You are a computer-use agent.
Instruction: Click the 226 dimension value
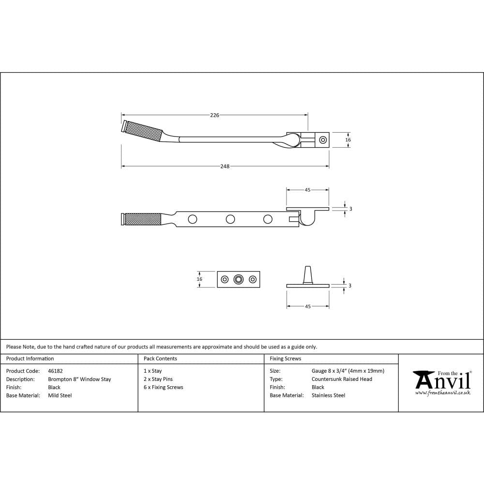(x=214, y=115)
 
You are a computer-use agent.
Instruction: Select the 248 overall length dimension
(x=225, y=166)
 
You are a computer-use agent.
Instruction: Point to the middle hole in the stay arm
(x=230, y=219)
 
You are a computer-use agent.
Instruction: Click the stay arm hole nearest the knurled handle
(x=193, y=219)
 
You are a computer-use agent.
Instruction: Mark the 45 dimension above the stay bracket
(x=307, y=190)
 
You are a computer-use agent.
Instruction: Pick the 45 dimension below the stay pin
(x=308, y=306)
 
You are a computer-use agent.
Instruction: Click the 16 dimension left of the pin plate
(x=199, y=279)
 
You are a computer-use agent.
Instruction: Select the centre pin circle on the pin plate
(x=238, y=279)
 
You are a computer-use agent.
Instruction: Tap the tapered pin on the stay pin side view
(x=307, y=274)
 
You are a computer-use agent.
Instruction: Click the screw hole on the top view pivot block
(x=323, y=140)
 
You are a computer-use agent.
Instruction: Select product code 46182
(x=55, y=371)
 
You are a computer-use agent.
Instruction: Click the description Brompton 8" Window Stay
(x=79, y=379)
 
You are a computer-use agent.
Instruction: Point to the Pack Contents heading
(x=160, y=359)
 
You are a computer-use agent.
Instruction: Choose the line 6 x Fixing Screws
(x=164, y=387)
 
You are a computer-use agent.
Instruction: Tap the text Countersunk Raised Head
(x=342, y=379)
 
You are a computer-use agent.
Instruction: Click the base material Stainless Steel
(x=328, y=395)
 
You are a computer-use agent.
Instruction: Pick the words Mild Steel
(x=60, y=395)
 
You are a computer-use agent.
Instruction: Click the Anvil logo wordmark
(x=443, y=380)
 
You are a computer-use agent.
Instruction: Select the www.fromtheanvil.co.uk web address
(x=443, y=393)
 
